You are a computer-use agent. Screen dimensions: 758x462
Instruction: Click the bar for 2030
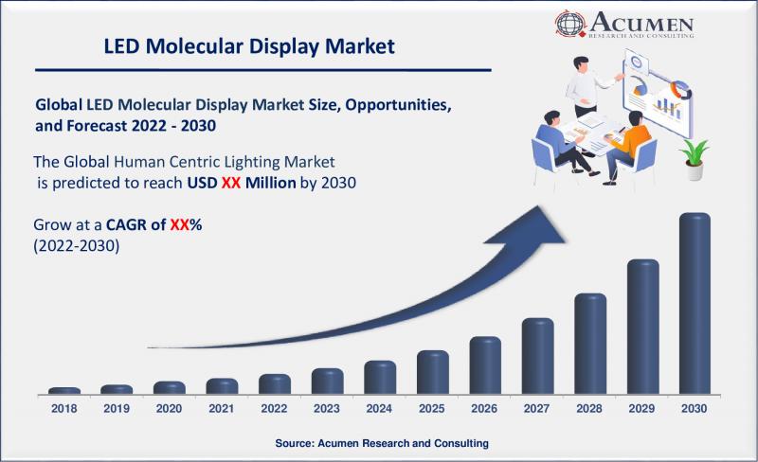pyautogui.click(x=695, y=303)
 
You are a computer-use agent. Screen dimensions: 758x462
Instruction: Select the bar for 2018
pyautogui.click(x=64, y=390)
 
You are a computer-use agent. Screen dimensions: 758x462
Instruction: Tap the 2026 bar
pyautogui.click(x=485, y=365)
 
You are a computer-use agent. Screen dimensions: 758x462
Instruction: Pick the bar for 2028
pyautogui.click(x=590, y=344)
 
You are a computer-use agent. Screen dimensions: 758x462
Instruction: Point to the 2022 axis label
pyautogui.click(x=274, y=408)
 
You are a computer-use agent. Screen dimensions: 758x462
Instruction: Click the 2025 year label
pyautogui.click(x=432, y=408)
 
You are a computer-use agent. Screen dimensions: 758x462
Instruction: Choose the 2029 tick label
pyautogui.click(x=641, y=408)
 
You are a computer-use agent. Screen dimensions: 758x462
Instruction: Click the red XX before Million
pyautogui.click(x=231, y=183)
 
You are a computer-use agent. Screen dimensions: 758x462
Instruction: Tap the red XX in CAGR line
pyautogui.click(x=179, y=224)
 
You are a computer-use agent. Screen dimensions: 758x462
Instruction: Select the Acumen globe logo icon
pyautogui.click(x=570, y=24)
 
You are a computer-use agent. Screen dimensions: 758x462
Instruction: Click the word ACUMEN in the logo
pyautogui.click(x=641, y=23)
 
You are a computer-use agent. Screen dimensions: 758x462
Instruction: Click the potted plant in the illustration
pyautogui.click(x=695, y=159)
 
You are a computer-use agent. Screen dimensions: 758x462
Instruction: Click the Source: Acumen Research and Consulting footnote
pyautogui.click(x=382, y=443)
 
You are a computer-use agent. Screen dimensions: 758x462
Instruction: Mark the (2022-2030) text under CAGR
pyautogui.click(x=77, y=246)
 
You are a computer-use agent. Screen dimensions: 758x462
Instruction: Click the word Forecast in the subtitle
pyautogui.click(x=98, y=126)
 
